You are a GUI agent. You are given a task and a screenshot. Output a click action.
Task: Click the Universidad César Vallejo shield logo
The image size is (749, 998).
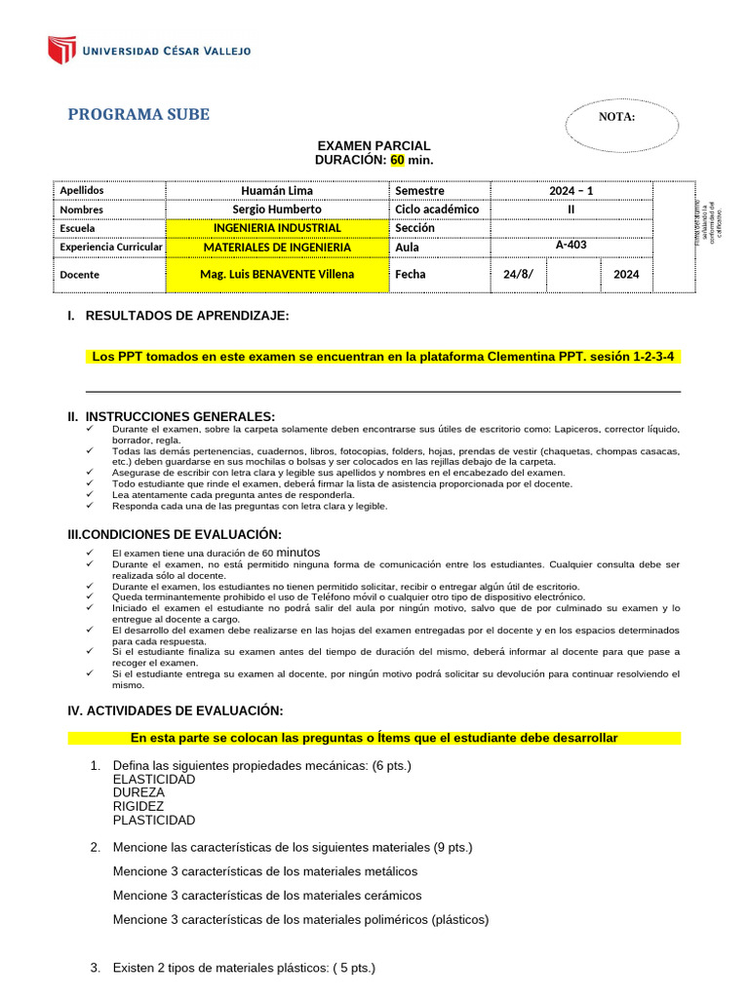click(62, 50)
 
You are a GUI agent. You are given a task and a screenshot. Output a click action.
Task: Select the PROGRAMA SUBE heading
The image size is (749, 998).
click(138, 115)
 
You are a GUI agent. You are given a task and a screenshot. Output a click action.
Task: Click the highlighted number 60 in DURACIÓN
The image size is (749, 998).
click(397, 159)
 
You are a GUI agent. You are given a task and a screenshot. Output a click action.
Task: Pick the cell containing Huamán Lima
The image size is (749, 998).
click(277, 191)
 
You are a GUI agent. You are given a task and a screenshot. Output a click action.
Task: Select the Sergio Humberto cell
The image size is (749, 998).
click(277, 210)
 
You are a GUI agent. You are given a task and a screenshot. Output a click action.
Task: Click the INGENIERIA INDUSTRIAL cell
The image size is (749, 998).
click(277, 228)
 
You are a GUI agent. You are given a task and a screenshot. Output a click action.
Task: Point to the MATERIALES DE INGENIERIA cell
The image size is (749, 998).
click(277, 247)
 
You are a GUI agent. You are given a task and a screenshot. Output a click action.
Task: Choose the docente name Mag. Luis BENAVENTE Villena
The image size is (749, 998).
click(277, 275)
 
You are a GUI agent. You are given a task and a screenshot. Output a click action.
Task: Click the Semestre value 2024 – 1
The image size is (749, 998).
click(571, 191)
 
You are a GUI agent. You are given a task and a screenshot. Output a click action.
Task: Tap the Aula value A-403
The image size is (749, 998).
click(571, 246)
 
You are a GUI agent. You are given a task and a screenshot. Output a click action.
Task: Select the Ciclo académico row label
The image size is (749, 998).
click(437, 210)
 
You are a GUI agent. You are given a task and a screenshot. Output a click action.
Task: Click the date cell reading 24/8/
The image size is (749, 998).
click(517, 275)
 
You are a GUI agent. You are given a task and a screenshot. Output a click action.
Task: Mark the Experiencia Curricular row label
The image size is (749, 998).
click(110, 248)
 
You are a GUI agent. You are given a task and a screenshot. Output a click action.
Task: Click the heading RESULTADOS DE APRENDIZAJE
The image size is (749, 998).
click(186, 316)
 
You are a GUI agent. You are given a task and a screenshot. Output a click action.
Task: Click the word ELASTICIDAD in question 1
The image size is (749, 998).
click(154, 780)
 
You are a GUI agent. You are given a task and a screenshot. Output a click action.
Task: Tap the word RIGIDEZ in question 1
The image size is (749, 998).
click(138, 807)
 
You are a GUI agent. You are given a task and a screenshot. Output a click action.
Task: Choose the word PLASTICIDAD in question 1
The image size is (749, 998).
click(154, 821)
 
